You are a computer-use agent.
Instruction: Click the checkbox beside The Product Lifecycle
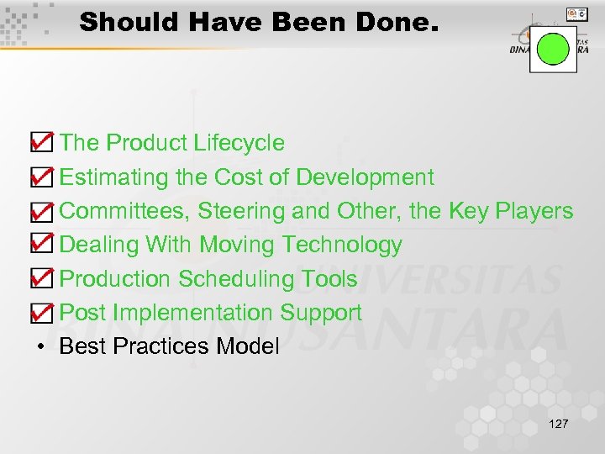[x=39, y=143]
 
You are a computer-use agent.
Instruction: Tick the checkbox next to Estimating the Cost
[x=39, y=177]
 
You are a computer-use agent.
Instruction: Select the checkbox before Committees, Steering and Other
[x=39, y=211]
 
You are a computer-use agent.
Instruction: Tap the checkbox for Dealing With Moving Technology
[x=39, y=245]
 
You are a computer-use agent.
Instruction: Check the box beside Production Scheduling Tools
[x=39, y=278]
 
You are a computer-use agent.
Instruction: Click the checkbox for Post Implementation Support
[x=39, y=313]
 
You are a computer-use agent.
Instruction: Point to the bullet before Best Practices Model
[x=40, y=346]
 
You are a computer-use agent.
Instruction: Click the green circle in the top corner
[x=553, y=49]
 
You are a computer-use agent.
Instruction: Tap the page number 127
[x=557, y=423]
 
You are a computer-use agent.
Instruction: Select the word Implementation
[x=193, y=313]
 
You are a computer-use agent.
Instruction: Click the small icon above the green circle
[x=576, y=13]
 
